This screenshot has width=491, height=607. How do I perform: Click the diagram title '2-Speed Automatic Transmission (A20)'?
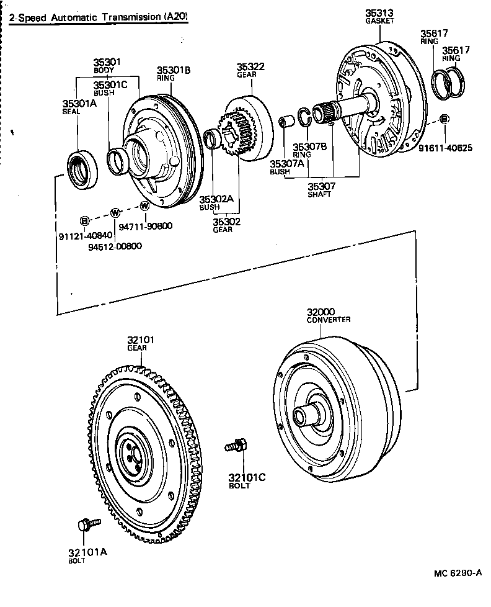coord(98,17)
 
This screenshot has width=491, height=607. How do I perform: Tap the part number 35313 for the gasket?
coord(379,13)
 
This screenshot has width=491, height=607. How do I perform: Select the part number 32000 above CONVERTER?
coord(321,312)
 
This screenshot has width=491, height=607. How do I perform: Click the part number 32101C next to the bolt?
coord(246,477)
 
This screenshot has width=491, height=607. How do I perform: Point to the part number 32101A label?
coord(87,552)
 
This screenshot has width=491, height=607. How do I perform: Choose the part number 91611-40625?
coord(445,148)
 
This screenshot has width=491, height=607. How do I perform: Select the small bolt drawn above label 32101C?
coord(237,444)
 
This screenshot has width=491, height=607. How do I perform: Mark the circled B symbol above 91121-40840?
coord(85,220)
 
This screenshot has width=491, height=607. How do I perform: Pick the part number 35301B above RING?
coord(173,70)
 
